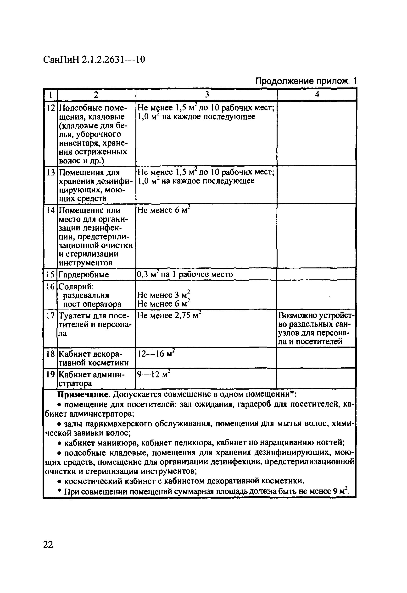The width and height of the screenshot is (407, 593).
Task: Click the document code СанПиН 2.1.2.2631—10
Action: tap(94, 60)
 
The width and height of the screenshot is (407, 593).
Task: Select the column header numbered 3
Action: tap(207, 95)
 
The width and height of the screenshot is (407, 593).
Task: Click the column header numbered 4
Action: tap(317, 95)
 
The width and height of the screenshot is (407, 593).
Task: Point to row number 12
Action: tap(51, 108)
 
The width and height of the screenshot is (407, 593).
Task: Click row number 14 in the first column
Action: tap(50, 211)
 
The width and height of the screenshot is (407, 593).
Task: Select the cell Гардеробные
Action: tap(84, 275)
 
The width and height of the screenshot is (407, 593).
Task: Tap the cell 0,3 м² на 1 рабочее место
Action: tap(185, 275)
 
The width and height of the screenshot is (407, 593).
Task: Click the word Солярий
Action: tap(76, 287)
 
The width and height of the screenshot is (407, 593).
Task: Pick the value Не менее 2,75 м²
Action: tap(169, 316)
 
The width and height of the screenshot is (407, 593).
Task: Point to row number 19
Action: tap(50, 375)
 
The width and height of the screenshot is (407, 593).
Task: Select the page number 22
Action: tap(48, 544)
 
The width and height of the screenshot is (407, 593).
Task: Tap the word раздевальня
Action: tap(86, 295)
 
